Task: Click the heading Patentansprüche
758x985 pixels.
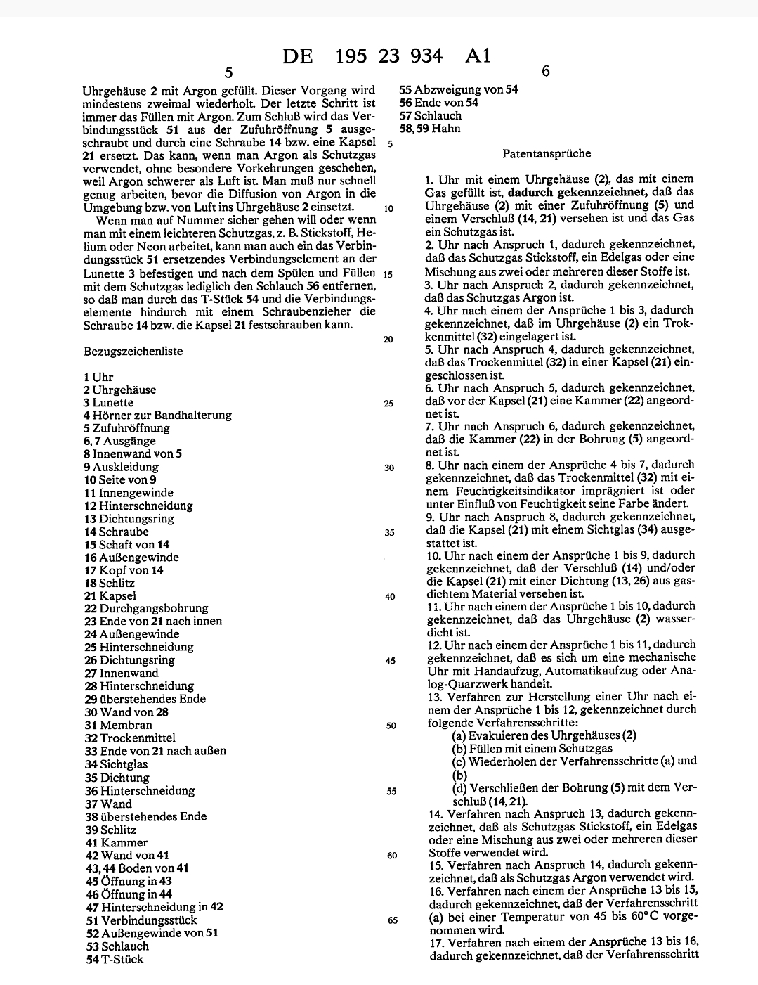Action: coord(547,153)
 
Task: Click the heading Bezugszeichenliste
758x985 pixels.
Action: coord(133,351)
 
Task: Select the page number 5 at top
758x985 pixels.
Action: coord(229,72)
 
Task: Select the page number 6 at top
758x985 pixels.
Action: coord(547,71)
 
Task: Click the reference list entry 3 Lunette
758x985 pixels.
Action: coord(108,403)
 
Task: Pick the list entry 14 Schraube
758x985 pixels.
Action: coord(116,532)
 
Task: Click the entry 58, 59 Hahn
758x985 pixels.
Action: coord(430,129)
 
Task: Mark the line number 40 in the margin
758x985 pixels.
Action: coord(390,597)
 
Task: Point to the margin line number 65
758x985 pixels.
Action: coord(392,920)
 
